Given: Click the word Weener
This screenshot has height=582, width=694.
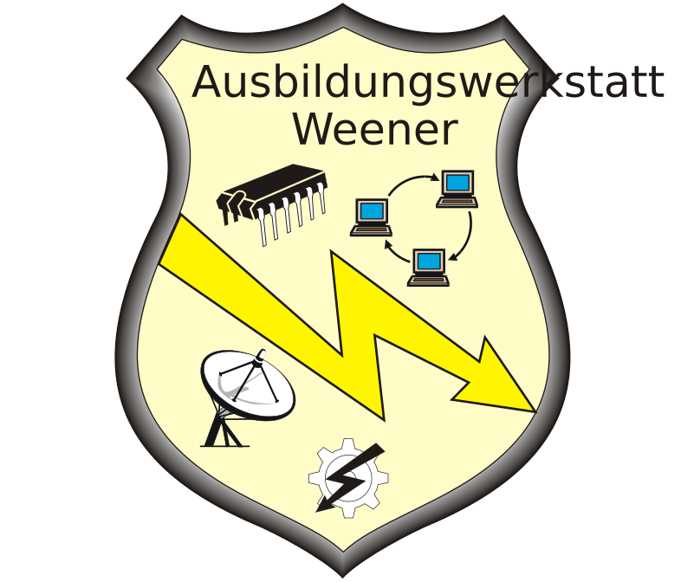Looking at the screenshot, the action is [375, 129].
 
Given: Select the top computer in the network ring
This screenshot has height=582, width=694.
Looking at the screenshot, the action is [457, 189].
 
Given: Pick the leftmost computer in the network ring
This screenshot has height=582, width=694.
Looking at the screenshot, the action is [371, 217].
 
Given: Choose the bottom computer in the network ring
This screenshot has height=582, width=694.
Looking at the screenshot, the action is [428, 268].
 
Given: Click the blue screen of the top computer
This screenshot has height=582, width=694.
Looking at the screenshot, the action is [458, 182].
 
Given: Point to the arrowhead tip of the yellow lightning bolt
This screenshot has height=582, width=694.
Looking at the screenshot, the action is [536, 412].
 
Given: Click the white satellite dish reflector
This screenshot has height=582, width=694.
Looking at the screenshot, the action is [247, 385].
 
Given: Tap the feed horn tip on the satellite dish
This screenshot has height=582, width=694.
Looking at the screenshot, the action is [262, 352].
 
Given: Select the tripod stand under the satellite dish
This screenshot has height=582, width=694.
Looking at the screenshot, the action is [224, 430].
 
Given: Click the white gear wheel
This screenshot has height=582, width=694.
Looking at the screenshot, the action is [349, 478].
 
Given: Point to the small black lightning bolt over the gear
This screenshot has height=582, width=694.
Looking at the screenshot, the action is [350, 478].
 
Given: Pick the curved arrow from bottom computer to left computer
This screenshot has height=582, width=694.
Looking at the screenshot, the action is [395, 254].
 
